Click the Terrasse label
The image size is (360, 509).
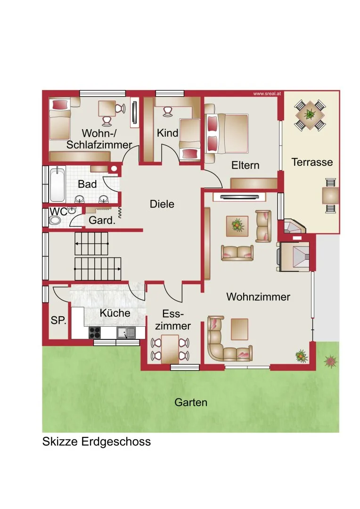(312, 162)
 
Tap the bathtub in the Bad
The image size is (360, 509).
(57, 184)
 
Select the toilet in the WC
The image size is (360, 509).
(55, 221)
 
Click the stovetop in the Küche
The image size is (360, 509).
(95, 332)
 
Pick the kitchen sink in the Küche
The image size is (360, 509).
(126, 332)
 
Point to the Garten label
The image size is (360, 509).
(191, 402)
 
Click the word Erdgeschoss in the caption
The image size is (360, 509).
(116, 442)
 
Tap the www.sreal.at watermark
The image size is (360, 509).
(267, 94)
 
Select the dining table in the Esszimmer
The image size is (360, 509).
(170, 349)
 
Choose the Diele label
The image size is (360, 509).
(162, 204)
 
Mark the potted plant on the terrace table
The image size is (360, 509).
(310, 114)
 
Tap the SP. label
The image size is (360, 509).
(58, 320)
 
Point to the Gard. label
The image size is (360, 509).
(102, 221)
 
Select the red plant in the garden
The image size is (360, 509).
(330, 361)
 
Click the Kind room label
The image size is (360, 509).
(167, 133)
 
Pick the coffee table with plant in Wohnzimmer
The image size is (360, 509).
(237, 226)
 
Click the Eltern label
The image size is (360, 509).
(245, 165)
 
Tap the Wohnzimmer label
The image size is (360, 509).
(258, 297)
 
